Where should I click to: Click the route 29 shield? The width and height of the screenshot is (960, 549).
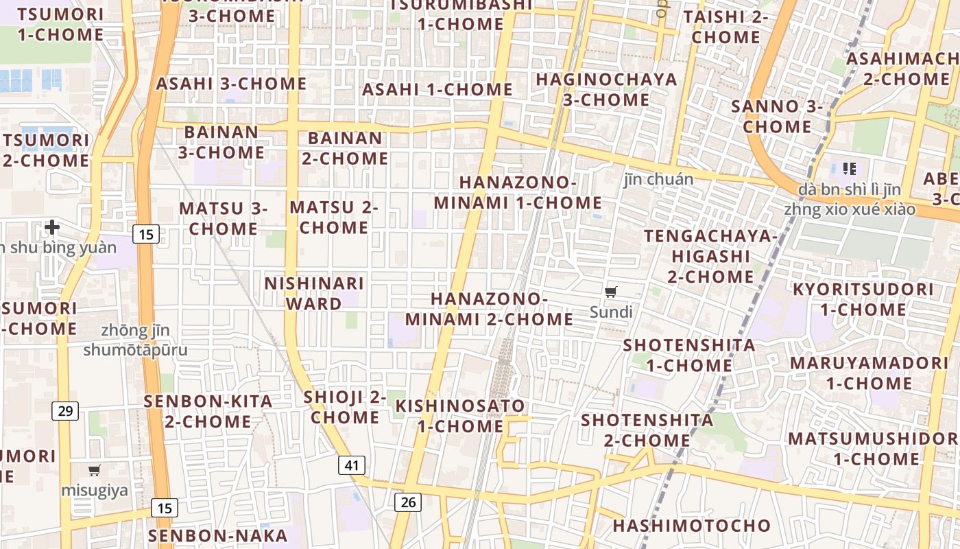(x=65, y=411)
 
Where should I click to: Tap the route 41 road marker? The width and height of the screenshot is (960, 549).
(x=352, y=465)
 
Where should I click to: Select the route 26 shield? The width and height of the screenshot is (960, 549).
(x=408, y=502)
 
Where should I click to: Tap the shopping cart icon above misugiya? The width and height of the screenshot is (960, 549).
(x=95, y=471)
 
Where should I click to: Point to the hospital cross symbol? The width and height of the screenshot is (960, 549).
(x=52, y=227)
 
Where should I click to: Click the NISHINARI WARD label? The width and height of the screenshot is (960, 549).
(x=314, y=294)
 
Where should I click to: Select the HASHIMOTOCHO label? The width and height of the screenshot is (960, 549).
(x=691, y=526)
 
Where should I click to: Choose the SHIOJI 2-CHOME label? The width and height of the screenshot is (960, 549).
(x=346, y=407)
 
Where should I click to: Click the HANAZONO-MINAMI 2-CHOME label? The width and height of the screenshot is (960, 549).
(x=489, y=309)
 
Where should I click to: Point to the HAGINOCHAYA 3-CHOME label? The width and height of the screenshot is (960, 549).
(x=606, y=89)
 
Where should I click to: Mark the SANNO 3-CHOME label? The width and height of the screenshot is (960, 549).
(x=777, y=117)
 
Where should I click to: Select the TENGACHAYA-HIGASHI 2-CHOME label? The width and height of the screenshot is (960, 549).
(x=711, y=257)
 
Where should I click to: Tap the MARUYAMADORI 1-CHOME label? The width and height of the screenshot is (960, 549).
(x=869, y=373)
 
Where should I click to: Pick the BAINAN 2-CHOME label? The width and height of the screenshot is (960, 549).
(x=345, y=148)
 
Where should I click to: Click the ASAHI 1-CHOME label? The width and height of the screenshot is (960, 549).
(x=437, y=89)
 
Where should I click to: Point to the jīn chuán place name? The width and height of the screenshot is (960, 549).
(x=658, y=179)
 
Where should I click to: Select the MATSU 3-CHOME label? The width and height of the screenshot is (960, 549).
(x=224, y=218)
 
